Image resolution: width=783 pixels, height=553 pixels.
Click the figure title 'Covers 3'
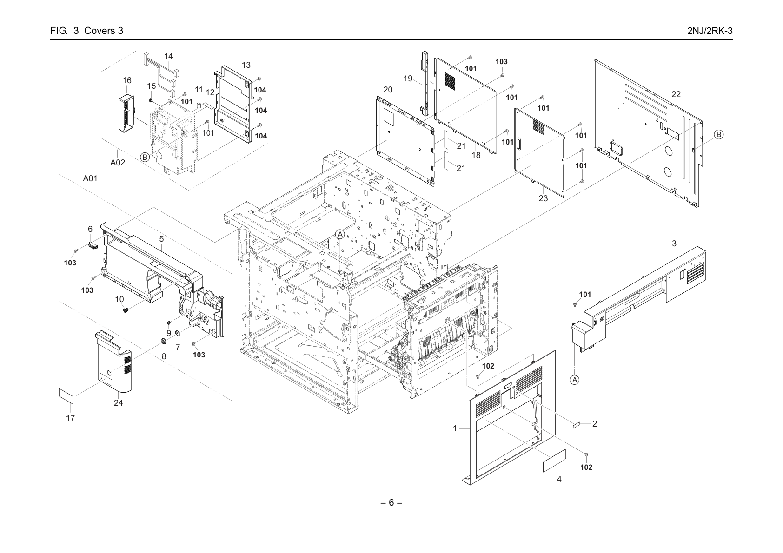click(104, 31)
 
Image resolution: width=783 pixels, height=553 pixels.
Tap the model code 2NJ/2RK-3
click(710, 31)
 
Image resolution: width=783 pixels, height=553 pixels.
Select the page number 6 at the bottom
click(391, 502)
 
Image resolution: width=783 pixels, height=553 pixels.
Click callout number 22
click(676, 94)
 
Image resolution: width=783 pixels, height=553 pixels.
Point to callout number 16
click(127, 80)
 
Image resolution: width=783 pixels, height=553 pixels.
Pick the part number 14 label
click(168, 56)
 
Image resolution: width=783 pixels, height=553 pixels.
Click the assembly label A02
click(118, 163)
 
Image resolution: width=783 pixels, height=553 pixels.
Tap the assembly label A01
click(90, 178)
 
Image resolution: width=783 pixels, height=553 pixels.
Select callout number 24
click(118, 403)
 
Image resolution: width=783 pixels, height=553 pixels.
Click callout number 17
click(70, 418)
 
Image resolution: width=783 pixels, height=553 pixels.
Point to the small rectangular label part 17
click(66, 396)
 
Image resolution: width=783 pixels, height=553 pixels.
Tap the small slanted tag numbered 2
click(577, 425)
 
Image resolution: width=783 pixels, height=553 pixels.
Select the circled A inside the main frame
click(340, 235)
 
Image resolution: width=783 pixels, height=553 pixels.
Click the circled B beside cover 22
click(718, 134)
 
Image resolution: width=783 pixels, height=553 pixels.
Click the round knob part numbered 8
click(163, 341)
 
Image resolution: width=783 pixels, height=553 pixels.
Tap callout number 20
click(388, 90)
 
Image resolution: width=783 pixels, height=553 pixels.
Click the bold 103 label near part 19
click(501, 62)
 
